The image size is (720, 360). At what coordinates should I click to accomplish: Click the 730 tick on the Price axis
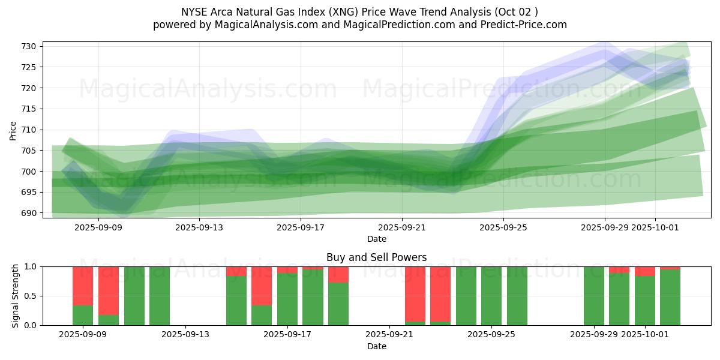pyautogui.click(x=31, y=46)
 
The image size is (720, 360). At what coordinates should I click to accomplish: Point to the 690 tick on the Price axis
pyautogui.click(x=31, y=213)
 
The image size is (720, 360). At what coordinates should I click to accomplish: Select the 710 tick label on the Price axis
pyautogui.click(x=31, y=130)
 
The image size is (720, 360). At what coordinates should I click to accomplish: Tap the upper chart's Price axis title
pyautogui.click(x=13, y=130)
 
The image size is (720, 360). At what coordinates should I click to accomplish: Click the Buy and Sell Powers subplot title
pyautogui.click(x=376, y=257)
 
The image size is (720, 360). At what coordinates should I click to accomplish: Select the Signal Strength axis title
pyautogui.click(x=16, y=296)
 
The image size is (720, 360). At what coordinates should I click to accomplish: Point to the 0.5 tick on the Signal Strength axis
pyautogui.click(x=31, y=296)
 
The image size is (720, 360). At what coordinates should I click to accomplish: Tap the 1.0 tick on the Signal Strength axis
pyautogui.click(x=31, y=266)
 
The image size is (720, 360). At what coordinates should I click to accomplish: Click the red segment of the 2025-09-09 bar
pyautogui.click(x=83, y=286)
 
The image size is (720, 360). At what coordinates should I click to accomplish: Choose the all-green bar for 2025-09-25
pyautogui.click(x=517, y=296)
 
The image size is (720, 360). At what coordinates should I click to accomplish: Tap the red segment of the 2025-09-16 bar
pyautogui.click(x=262, y=286)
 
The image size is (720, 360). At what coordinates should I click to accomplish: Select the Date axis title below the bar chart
pyautogui.click(x=376, y=346)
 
